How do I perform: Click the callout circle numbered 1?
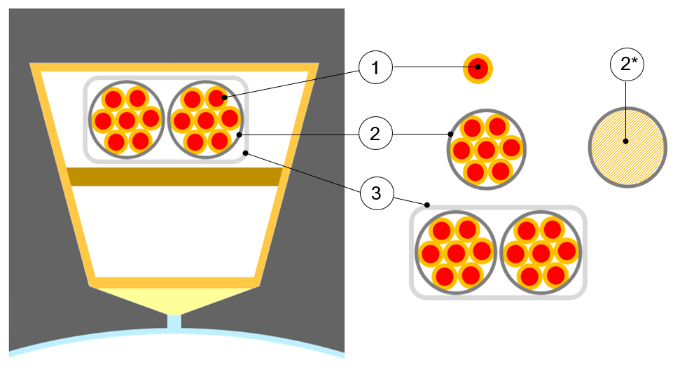click(x=375, y=68)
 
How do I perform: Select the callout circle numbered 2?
click(x=375, y=133)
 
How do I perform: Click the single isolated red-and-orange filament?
click(x=479, y=68)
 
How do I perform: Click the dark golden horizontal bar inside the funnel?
click(x=174, y=177)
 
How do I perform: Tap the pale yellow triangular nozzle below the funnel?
click(x=174, y=299)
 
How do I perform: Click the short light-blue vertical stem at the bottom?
click(x=174, y=322)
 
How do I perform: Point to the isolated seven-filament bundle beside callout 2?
click(x=486, y=149)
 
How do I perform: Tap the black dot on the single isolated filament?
click(x=479, y=68)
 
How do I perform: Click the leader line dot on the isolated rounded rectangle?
click(x=426, y=206)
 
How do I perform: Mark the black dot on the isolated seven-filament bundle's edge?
click(x=450, y=133)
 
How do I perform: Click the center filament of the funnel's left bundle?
click(x=127, y=119)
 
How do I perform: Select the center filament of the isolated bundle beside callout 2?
click(x=486, y=149)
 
